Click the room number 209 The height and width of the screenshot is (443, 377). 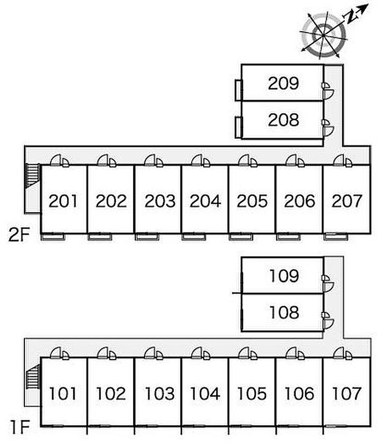[283, 83]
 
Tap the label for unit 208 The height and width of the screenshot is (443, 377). [283, 119]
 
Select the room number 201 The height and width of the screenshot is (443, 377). [64, 201]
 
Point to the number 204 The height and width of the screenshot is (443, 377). [205, 201]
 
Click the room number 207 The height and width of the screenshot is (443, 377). [346, 201]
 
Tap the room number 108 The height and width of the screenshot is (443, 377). [283, 312]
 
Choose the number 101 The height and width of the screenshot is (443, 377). [64, 393]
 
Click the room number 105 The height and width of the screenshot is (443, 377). [252, 393]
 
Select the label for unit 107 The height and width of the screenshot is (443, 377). [346, 393]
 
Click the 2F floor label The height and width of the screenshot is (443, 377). [19, 235]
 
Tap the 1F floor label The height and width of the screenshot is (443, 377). [19, 428]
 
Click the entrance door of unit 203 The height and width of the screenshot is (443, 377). [152, 160]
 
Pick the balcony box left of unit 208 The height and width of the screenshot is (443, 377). [238, 127]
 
